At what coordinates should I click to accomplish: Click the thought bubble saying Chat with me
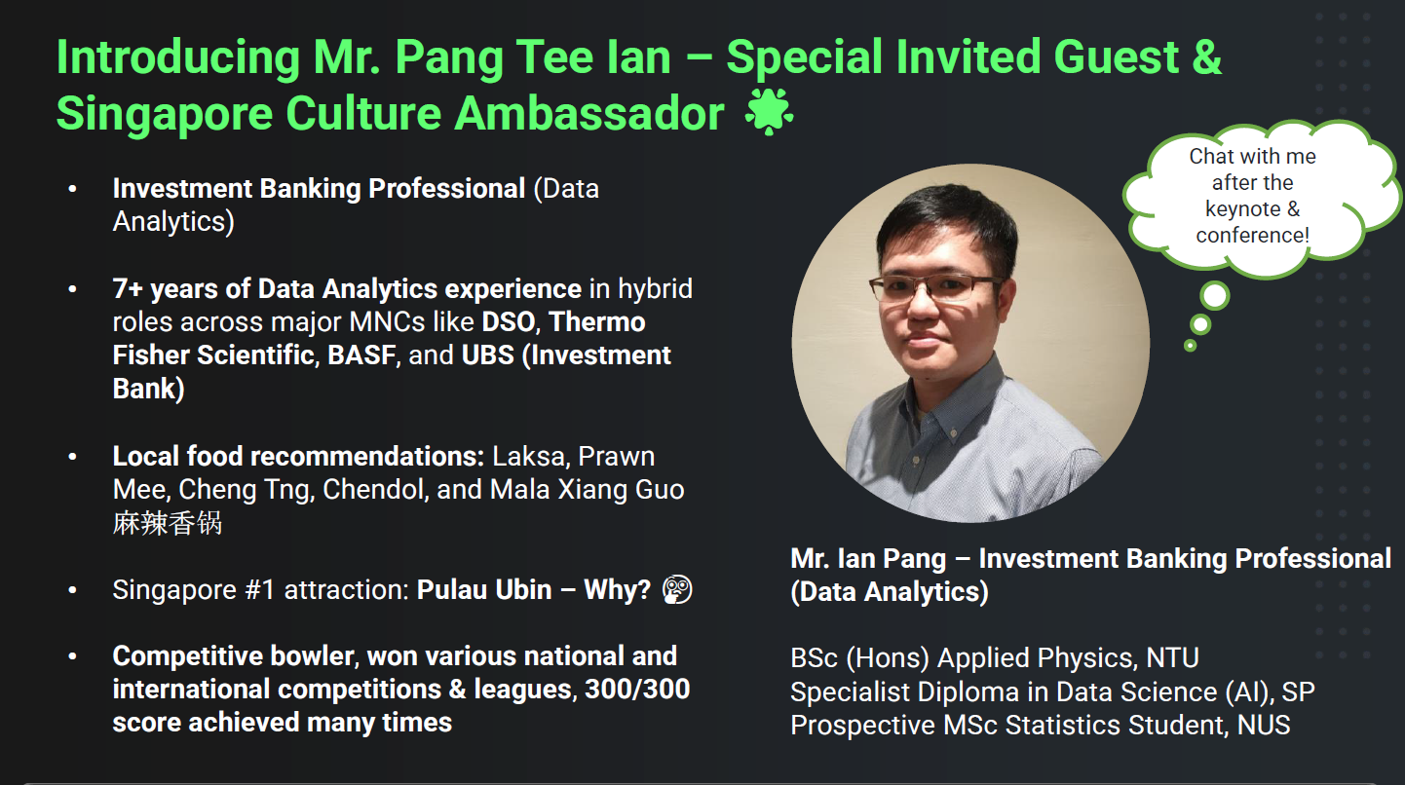click(1251, 196)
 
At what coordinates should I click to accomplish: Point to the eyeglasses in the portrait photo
click(934, 288)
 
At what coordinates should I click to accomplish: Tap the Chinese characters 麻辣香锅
click(168, 523)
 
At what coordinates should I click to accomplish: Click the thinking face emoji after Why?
click(676, 590)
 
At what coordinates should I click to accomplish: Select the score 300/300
click(637, 689)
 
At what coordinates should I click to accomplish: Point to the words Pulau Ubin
click(484, 590)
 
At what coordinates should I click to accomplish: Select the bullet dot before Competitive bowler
click(73, 656)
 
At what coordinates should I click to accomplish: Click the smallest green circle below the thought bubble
click(1190, 345)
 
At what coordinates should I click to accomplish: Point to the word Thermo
click(597, 322)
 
